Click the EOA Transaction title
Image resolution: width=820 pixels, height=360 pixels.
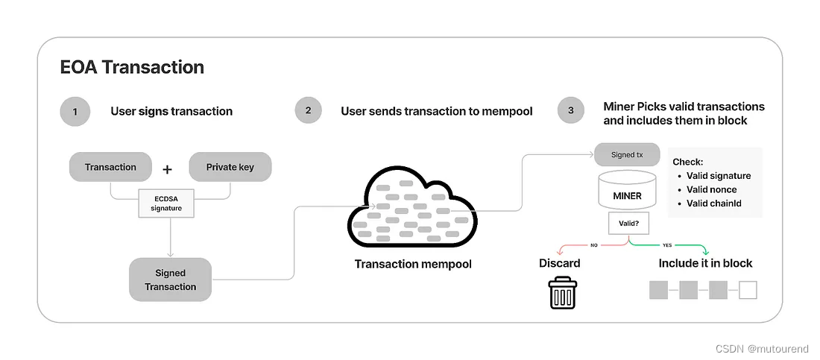(132, 68)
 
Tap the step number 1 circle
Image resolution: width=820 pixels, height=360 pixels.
(75, 112)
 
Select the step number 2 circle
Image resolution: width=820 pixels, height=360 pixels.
(308, 112)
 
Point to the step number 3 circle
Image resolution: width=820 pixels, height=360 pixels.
(571, 112)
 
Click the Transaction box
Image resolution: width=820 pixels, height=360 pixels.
(110, 167)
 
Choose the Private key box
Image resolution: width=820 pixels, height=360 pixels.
(230, 167)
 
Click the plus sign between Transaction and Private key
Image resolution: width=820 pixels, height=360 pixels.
(167, 170)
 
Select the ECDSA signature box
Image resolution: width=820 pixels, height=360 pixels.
(165, 203)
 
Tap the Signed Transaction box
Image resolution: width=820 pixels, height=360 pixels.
(170, 280)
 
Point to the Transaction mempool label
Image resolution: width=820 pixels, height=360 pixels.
(413, 264)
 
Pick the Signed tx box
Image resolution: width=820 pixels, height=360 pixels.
(626, 155)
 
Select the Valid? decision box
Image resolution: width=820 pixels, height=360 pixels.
(627, 222)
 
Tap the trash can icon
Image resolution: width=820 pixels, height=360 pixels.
(563, 293)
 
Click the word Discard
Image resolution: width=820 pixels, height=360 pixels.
(559, 263)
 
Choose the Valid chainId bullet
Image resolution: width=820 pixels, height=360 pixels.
(713, 203)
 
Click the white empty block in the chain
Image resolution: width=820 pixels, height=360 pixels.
(747, 290)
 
